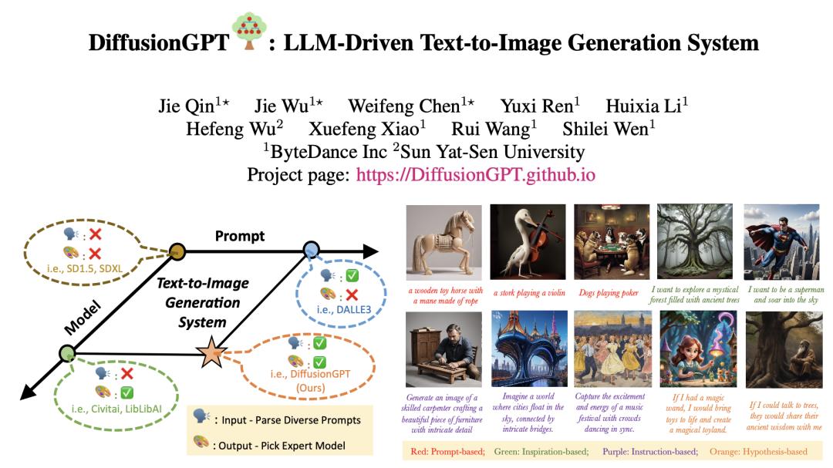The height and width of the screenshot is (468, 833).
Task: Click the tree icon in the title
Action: [249, 32]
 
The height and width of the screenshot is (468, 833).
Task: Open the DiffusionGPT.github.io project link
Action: [475, 175]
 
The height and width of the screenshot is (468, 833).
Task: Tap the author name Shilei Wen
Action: [609, 129]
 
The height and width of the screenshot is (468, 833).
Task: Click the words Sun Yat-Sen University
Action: [492, 152]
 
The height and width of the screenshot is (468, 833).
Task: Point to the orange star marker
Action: [211, 353]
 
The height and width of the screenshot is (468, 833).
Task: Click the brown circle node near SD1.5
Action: [177, 251]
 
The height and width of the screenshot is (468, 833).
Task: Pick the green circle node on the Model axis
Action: [67, 353]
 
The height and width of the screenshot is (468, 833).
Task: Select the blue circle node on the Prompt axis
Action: [312, 250]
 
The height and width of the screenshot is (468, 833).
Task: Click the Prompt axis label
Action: [240, 236]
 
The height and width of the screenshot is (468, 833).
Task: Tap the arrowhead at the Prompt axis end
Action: [370, 251]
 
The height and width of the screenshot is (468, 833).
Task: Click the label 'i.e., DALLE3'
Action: [344, 310]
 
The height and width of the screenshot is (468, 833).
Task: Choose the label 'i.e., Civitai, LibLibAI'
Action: [116, 409]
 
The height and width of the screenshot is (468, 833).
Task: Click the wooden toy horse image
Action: [444, 242]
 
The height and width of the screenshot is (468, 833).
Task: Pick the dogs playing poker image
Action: [612, 242]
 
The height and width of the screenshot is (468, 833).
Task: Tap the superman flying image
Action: [781, 242]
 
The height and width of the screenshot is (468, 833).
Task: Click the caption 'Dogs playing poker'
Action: [609, 293]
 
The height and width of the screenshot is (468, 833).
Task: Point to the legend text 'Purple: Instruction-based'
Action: [650, 452]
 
